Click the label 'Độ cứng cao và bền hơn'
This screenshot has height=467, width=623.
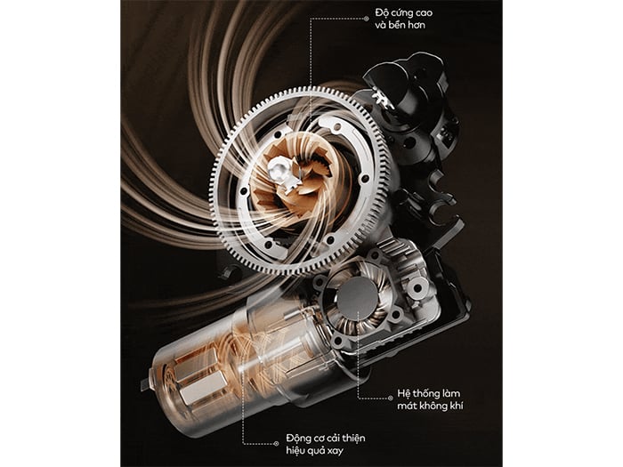tap(404, 19)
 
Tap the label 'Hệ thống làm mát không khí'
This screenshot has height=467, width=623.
tap(430, 399)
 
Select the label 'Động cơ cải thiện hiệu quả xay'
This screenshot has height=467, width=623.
tap(326, 445)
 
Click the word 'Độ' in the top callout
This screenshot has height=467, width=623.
tap(382, 12)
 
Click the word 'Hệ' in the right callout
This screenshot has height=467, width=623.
tap(403, 393)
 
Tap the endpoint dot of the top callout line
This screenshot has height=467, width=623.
tap(367, 19)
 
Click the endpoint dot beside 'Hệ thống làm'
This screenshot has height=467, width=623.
tap(390, 398)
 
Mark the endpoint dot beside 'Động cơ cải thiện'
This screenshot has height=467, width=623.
tap(277, 444)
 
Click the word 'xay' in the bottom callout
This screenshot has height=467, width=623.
tap(335, 451)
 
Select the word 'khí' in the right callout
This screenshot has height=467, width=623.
tap(456, 406)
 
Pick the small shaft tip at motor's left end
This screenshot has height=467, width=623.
tap(144, 382)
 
